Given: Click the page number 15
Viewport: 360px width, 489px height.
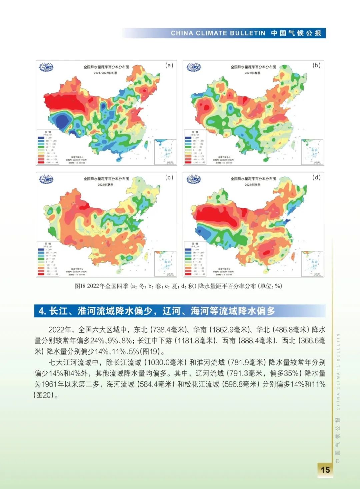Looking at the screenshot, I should point(325,470).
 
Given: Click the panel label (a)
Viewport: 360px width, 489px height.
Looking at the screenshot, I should point(169,65).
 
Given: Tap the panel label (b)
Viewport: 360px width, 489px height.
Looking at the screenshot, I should point(316,65).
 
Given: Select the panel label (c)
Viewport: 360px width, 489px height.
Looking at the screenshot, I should point(169,177).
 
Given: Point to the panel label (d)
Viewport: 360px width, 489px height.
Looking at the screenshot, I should point(316,177).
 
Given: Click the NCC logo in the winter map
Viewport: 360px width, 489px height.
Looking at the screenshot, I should point(46,67).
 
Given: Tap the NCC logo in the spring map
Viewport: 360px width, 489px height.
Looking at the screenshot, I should point(193,67).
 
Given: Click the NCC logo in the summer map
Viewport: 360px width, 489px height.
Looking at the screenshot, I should point(46,179).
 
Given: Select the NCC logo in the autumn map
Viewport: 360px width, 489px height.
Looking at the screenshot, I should point(193,179).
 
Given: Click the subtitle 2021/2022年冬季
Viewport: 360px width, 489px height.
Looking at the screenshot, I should point(106,73).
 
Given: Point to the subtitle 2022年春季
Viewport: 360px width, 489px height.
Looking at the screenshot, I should point(253,73).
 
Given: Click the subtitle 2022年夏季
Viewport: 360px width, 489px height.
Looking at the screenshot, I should point(106,185).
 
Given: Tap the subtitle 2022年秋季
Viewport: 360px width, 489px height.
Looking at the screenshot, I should point(253,185).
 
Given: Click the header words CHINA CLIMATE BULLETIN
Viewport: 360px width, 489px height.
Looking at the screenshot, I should point(218,33).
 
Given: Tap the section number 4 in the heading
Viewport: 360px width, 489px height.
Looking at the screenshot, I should point(42,311).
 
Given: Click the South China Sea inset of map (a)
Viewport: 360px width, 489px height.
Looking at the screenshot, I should point(165,152).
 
